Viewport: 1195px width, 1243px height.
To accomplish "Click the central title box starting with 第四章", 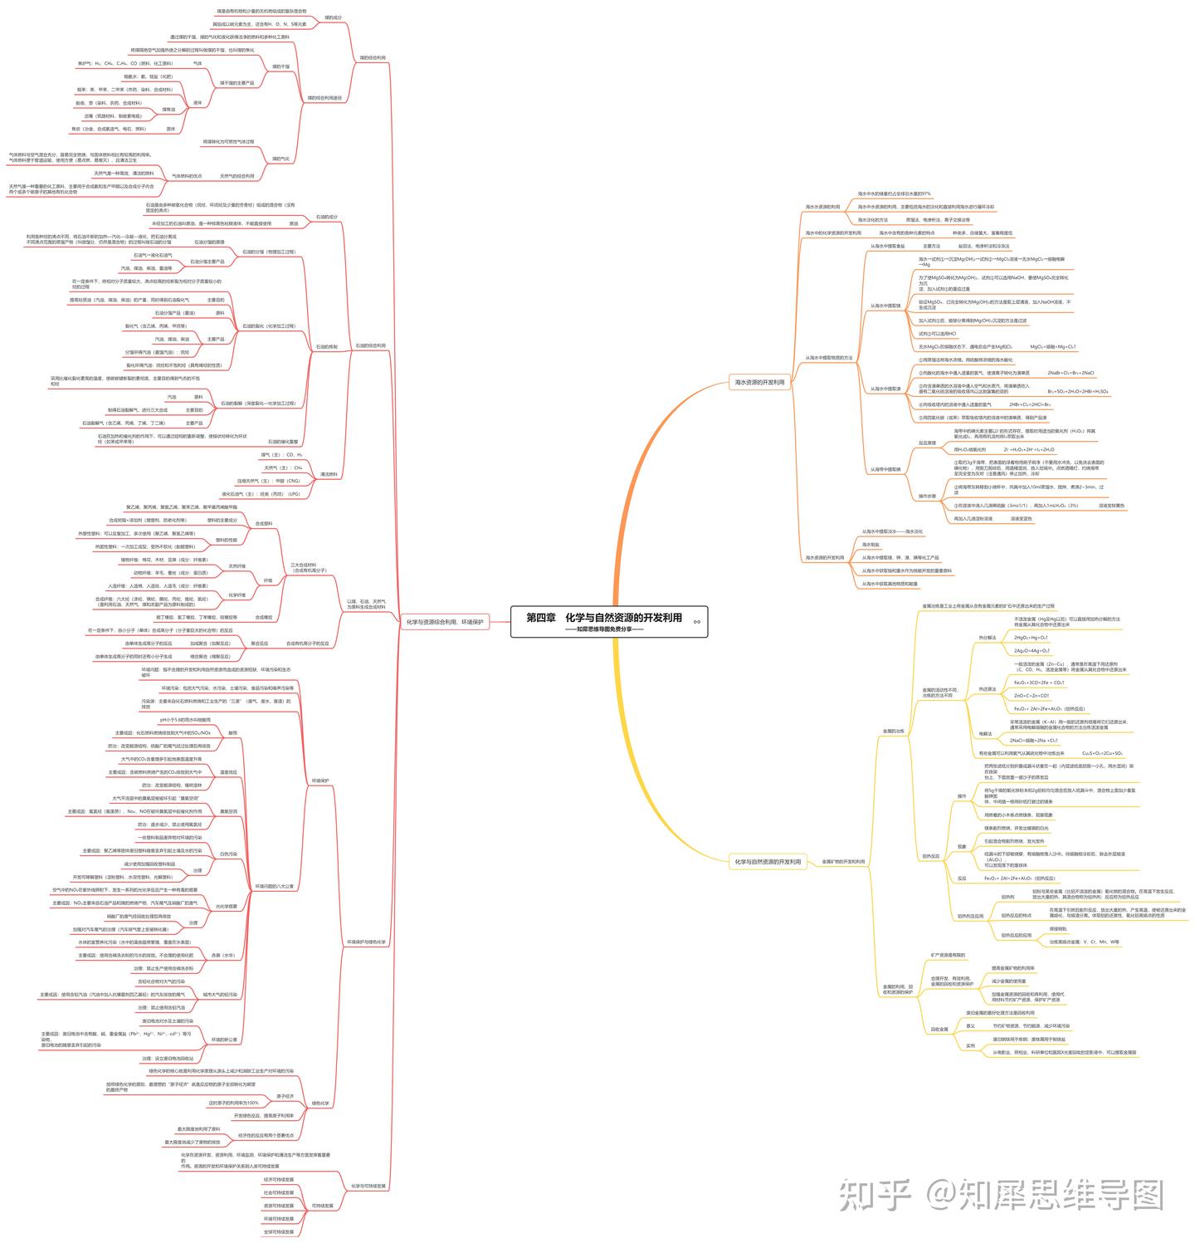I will [608, 620].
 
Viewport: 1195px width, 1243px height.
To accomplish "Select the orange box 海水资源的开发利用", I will [759, 383].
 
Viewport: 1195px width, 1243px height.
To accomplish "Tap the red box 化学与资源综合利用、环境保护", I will [445, 621].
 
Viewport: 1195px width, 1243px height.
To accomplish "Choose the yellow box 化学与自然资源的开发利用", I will [768, 862].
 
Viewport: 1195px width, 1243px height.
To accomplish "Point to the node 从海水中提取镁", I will [885, 306].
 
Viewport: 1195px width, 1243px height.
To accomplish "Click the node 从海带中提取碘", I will [885, 469].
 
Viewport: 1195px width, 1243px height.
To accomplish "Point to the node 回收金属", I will [939, 1029].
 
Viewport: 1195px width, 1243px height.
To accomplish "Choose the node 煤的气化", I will [281, 159].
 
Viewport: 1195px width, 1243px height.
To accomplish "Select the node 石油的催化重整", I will [283, 442].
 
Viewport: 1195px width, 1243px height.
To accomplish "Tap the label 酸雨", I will [232, 733].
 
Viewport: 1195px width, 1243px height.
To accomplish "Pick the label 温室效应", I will [228, 772].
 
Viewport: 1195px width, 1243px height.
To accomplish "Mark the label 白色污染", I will [228, 854].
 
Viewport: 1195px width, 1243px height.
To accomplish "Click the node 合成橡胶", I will [264, 617].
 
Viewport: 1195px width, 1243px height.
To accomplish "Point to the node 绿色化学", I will [320, 1104].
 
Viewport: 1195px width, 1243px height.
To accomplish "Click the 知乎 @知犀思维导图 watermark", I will [1000, 1196].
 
